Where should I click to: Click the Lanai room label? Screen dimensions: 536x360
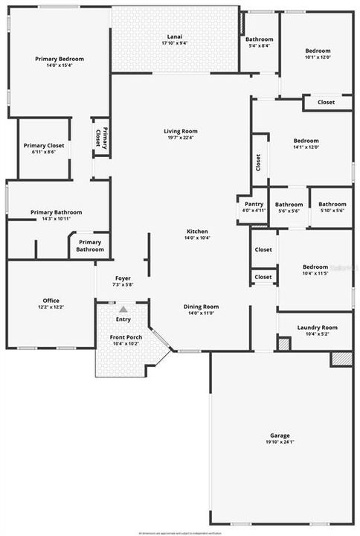pos(175,36)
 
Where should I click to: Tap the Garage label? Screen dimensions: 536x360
pos(280,435)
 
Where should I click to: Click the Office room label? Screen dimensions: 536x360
pos(50,301)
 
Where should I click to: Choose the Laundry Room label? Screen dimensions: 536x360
pos(317,327)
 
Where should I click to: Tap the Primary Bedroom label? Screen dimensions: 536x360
pos(60,59)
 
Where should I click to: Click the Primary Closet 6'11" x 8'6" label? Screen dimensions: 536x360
pos(44,145)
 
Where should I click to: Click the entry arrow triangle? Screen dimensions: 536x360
pos(123,307)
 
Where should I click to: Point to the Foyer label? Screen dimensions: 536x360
pos(123,278)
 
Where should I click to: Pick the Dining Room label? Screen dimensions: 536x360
pos(201,306)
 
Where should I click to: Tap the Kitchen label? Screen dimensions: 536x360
pos(197,232)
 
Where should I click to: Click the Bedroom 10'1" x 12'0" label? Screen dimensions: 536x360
pos(317,51)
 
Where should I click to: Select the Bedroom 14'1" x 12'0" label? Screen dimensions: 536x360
pos(306,141)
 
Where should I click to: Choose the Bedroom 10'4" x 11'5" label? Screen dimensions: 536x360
pos(315,267)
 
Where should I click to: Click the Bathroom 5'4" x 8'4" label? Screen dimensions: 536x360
pos(260,39)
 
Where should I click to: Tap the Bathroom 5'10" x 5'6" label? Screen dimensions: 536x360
pos(332,204)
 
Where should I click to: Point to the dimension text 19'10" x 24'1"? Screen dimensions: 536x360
pos(280,442)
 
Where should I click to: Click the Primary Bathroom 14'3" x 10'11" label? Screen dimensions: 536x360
pos(57,212)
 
